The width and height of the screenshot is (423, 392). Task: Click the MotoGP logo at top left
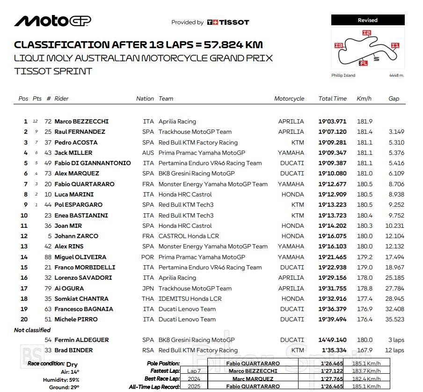(x=52, y=21)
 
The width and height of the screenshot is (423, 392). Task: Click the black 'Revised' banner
(x=367, y=20)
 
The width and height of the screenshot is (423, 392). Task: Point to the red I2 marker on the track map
(x=366, y=33)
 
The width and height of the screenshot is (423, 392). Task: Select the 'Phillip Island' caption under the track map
(x=343, y=75)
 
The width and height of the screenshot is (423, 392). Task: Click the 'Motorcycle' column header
(x=289, y=99)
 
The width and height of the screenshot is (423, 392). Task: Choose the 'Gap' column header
(x=394, y=99)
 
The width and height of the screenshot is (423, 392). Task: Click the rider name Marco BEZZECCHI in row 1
(x=81, y=122)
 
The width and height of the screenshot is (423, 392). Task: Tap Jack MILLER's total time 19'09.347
(x=333, y=153)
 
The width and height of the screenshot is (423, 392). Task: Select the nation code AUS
(x=148, y=153)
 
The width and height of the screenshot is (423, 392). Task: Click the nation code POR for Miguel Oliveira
(x=147, y=257)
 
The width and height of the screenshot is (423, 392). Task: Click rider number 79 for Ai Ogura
(x=48, y=289)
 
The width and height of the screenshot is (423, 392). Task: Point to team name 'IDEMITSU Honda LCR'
(x=190, y=299)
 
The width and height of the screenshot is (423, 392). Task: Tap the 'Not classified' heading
(x=32, y=330)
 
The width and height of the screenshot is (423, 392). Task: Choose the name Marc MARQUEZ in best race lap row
(x=253, y=379)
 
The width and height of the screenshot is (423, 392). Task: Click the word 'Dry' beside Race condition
(x=72, y=364)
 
